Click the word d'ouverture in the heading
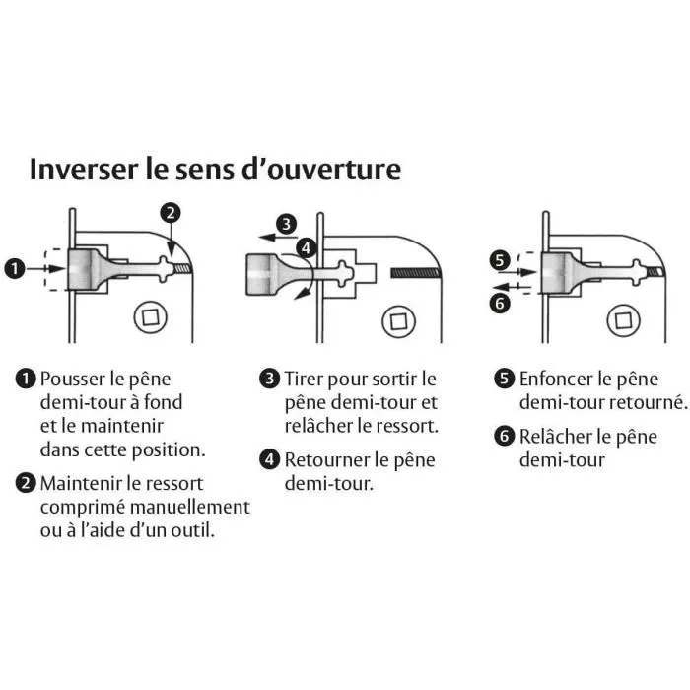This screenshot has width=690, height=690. [x=332, y=169]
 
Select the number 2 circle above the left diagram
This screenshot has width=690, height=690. [x=171, y=212]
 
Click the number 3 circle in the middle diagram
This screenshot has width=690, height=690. [x=286, y=225]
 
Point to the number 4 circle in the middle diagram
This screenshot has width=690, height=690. [x=307, y=249]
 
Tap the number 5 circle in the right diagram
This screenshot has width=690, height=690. [x=501, y=261]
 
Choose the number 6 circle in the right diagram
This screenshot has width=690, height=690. [x=501, y=303]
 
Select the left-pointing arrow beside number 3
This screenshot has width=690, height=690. [x=259, y=235]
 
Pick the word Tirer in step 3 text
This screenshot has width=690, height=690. [x=306, y=379]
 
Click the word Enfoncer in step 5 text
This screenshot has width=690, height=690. [x=558, y=379]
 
